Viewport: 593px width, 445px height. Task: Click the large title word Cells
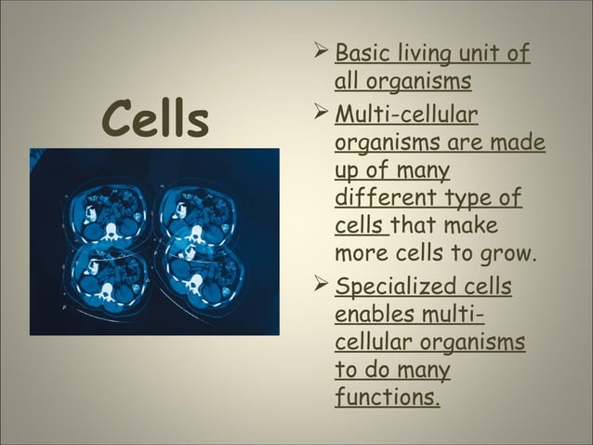coord(156,121)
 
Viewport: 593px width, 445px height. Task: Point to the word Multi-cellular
coord(406,116)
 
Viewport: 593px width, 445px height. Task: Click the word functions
coord(387,398)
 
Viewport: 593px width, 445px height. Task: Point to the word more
coord(361,254)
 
